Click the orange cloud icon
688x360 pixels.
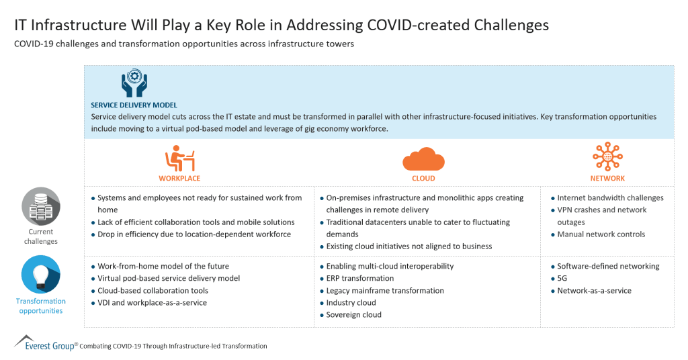tap(423, 159)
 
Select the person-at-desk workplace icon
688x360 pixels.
tap(179, 159)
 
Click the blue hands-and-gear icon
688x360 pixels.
tap(134, 83)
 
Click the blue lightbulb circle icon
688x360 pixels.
tap(40, 274)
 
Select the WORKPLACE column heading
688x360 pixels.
tap(179, 179)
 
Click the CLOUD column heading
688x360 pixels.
tap(423, 179)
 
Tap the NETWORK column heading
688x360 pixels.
tap(607, 179)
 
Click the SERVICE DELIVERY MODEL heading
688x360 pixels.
tap(134, 105)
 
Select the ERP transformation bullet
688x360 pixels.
tap(360, 279)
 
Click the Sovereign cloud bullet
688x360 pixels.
tap(353, 315)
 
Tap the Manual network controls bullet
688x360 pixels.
tap(601, 234)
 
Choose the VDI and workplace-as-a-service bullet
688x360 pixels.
tap(152, 303)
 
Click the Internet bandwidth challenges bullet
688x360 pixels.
tap(610, 198)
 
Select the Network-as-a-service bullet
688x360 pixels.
tap(594, 291)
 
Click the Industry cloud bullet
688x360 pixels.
tap(351, 303)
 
